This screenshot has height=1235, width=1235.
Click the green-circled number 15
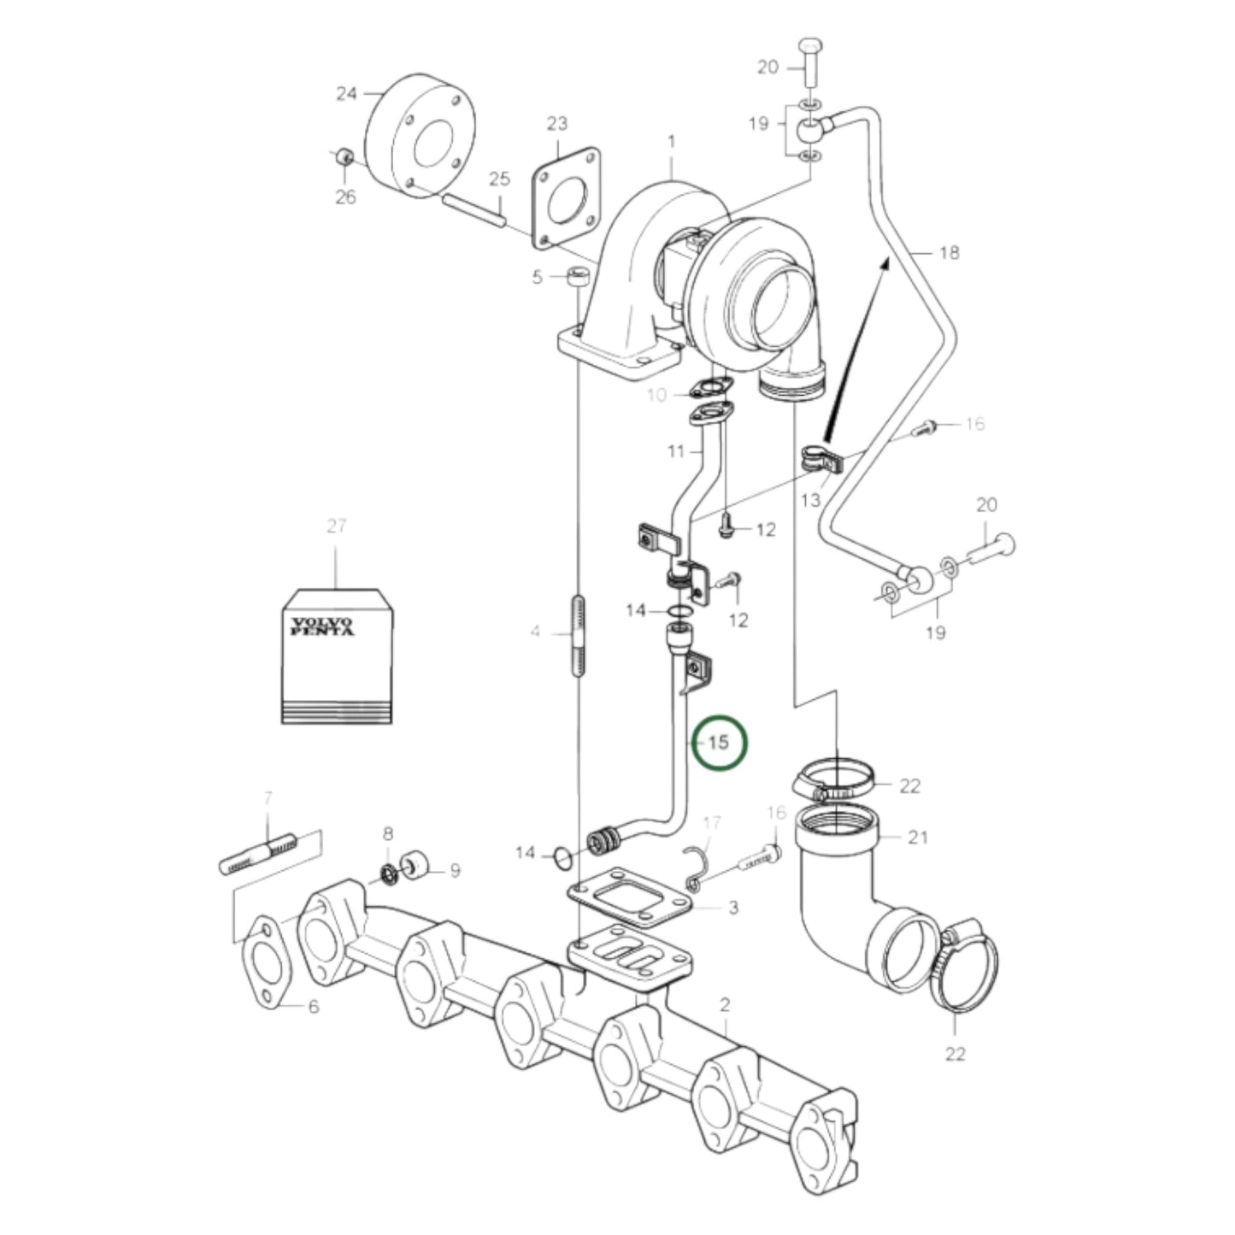pyautogui.click(x=719, y=743)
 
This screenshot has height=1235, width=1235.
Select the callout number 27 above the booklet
pyautogui.click(x=336, y=526)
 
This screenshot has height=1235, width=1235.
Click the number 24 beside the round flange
pyautogui.click(x=346, y=93)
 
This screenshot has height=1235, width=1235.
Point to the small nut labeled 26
pyautogui.click(x=344, y=157)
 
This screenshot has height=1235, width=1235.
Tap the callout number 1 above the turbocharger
pyautogui.click(x=672, y=140)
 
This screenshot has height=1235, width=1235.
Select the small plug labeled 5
pyautogui.click(x=579, y=277)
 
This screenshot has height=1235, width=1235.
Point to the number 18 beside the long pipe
pyautogui.click(x=949, y=253)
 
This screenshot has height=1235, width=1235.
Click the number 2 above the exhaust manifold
pyautogui.click(x=725, y=1004)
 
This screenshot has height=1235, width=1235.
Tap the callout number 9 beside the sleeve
pyautogui.click(x=455, y=871)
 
